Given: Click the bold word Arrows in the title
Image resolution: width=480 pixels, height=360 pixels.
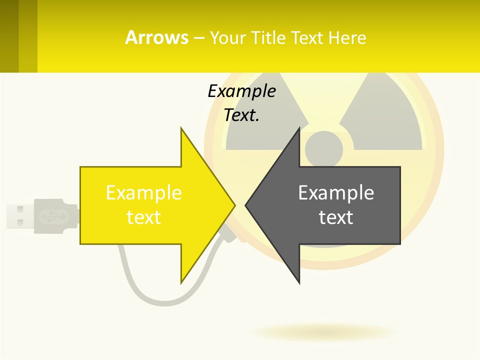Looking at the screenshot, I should click(x=156, y=37).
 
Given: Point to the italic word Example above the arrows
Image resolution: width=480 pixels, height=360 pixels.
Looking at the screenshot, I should click(x=241, y=91).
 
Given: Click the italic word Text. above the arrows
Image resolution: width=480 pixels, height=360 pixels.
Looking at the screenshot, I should click(x=241, y=115).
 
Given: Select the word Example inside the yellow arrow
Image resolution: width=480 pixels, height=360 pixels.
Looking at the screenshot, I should click(x=143, y=192).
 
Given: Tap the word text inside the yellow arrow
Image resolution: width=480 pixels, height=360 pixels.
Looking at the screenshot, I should click(x=143, y=217).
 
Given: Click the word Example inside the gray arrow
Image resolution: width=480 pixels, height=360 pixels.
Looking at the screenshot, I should click(x=335, y=192).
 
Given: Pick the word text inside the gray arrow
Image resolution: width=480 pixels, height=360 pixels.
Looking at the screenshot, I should click(x=335, y=217).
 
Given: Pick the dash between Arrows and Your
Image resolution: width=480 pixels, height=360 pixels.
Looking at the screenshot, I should click(x=198, y=38).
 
